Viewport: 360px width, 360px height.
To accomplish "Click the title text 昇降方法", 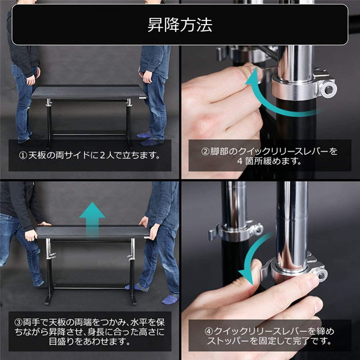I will point(180,26).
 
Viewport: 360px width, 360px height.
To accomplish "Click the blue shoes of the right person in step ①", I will point(149,137).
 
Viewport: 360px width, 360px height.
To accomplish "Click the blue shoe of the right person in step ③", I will point(170,298).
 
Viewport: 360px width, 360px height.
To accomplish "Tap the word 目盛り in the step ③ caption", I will point(31,343).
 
